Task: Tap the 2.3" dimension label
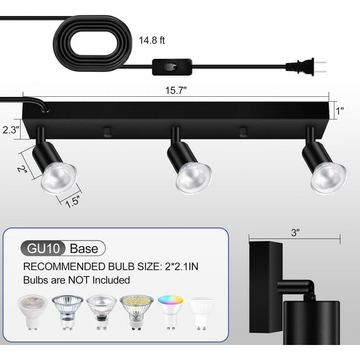[x=10, y=131]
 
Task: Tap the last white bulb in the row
[x=202, y=312]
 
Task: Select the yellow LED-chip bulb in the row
[x=136, y=311]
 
